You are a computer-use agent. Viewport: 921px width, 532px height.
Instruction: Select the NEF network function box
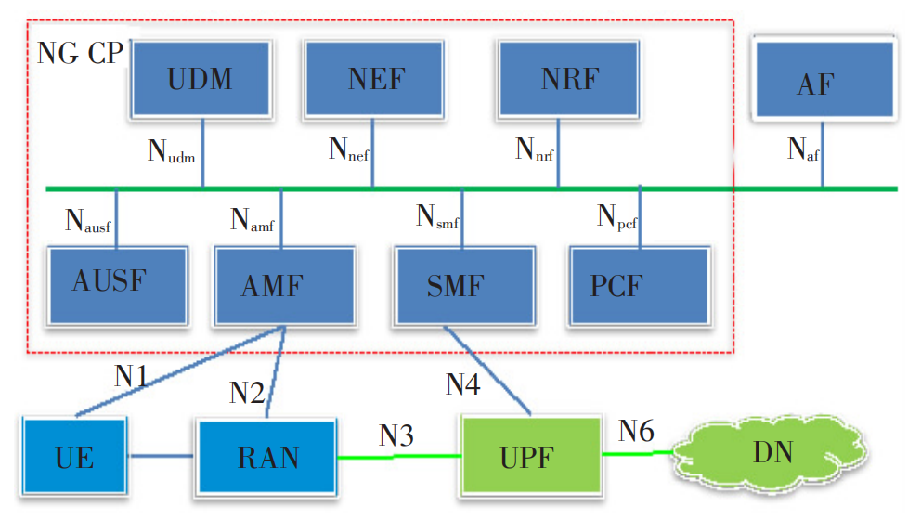pyautogui.click(x=376, y=78)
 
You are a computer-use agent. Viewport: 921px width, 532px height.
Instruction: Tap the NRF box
pyautogui.click(x=569, y=78)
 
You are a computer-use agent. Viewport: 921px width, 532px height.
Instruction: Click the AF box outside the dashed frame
pyautogui.click(x=824, y=82)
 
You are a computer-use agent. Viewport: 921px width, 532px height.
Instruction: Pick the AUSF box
pyautogui.click(x=117, y=282)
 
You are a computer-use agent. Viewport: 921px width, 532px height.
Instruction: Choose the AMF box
pyautogui.click(x=283, y=284)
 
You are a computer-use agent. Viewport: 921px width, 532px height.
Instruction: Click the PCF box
pyautogui.click(x=640, y=284)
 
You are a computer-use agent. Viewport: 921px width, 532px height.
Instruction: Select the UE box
pyautogui.click(x=75, y=457)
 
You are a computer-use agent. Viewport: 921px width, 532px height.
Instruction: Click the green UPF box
pyautogui.click(x=530, y=457)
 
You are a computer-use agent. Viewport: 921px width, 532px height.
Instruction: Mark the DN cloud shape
pyautogui.click(x=770, y=454)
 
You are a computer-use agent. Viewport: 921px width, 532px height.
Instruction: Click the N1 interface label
pyautogui.click(x=131, y=375)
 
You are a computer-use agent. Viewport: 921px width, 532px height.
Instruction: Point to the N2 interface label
pyautogui.click(x=247, y=391)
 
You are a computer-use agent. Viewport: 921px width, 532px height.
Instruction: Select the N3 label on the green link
pyautogui.click(x=396, y=434)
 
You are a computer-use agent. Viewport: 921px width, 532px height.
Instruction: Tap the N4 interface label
pyautogui.click(x=462, y=383)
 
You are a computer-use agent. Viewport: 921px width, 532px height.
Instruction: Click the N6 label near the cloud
pyautogui.click(x=637, y=430)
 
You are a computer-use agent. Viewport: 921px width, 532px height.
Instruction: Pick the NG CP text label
pyautogui.click(x=79, y=52)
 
